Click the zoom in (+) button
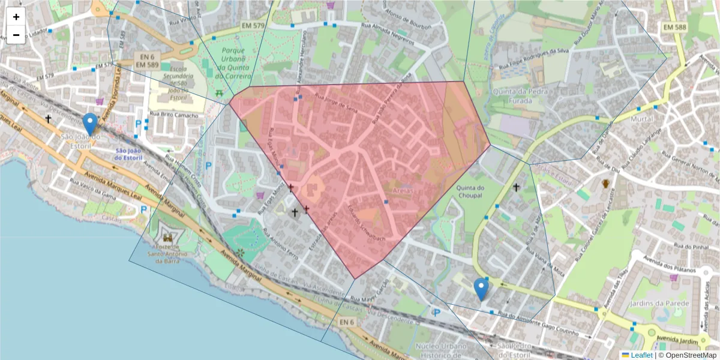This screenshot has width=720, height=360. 16,17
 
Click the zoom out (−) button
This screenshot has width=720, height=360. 16,35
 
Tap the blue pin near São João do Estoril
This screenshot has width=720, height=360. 90,124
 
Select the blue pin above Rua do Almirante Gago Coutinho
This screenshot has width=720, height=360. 481,289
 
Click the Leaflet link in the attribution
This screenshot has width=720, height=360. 641,355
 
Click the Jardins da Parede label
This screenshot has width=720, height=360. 659,303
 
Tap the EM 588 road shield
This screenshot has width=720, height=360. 675,27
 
